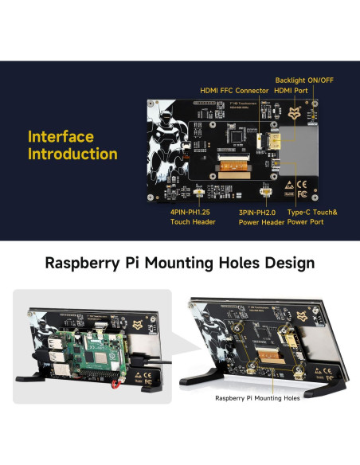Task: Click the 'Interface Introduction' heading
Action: pos(72,146)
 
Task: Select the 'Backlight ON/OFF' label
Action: pos(305,80)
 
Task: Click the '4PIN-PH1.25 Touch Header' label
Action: pos(192,217)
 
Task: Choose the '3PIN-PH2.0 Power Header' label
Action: pos(262,217)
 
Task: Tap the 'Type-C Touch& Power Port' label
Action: pos(312,217)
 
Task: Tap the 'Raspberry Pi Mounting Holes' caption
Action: pos(257,398)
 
